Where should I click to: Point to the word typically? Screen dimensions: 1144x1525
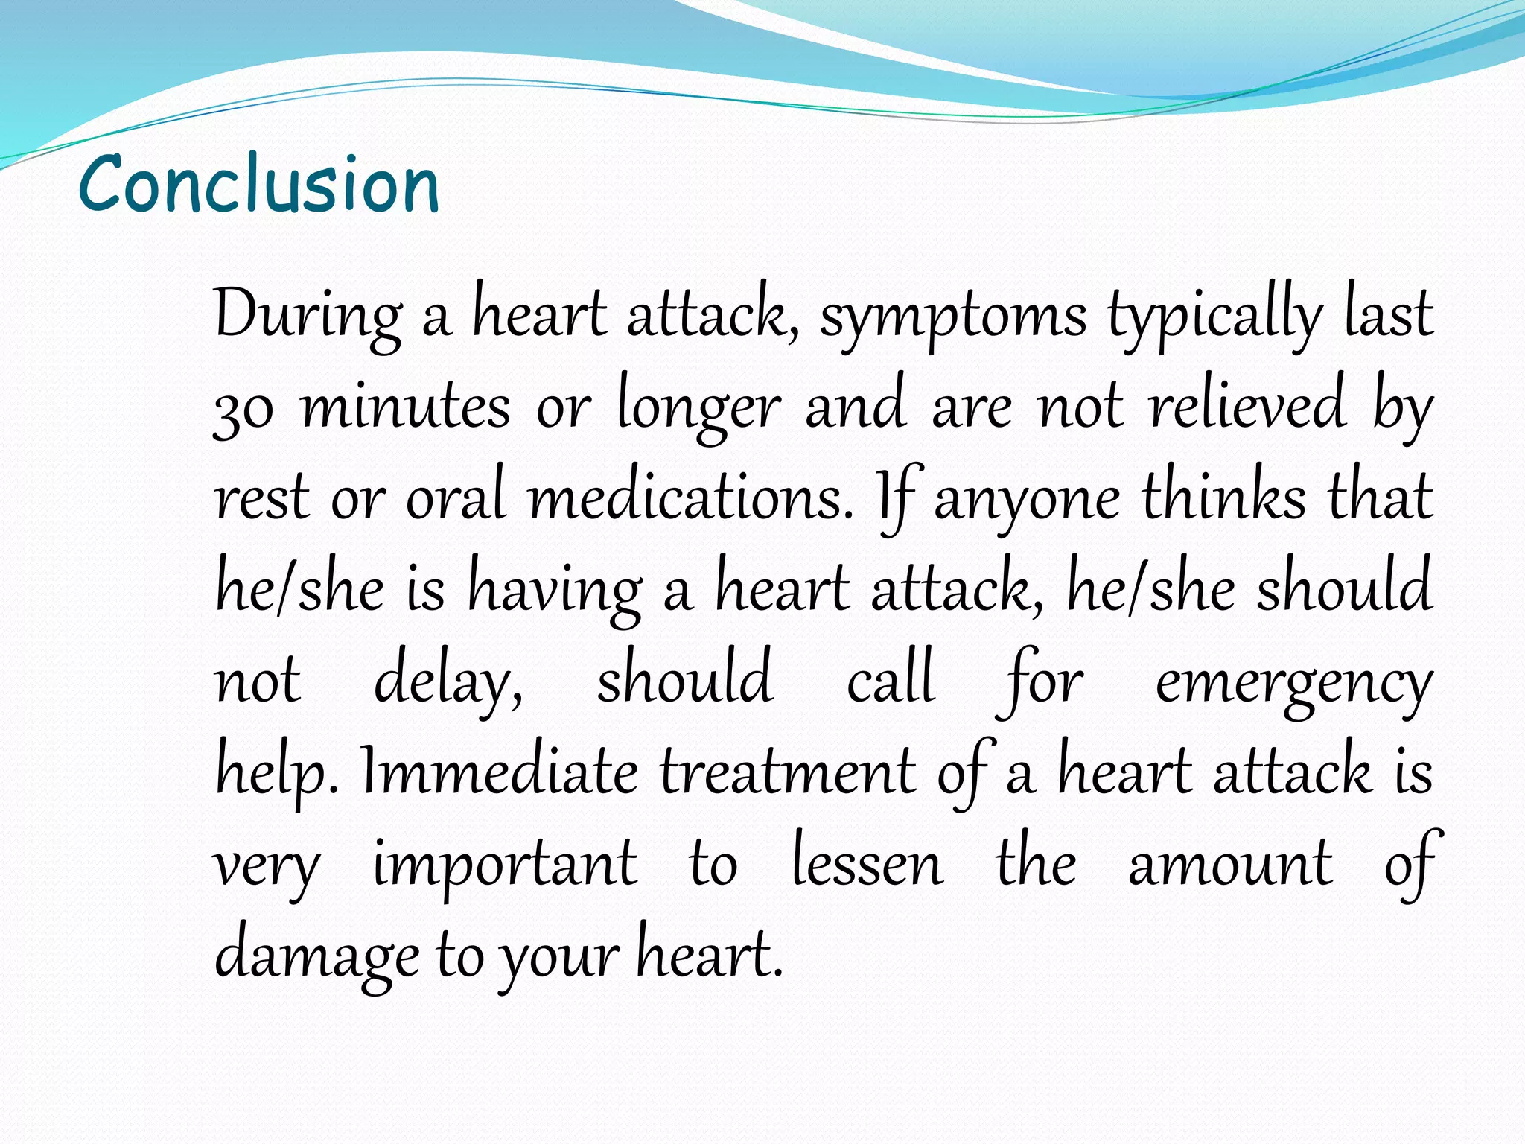click(x=1214, y=316)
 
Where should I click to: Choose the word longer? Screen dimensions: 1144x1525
click(x=699, y=408)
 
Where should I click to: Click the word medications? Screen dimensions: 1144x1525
click(x=690, y=498)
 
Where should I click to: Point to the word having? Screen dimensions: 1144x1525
click(x=555, y=590)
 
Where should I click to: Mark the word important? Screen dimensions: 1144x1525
click(x=505, y=864)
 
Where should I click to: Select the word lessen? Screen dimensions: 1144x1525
click(x=867, y=864)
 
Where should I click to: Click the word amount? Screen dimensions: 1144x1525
click(x=1230, y=864)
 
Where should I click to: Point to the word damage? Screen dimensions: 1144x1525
click(x=316, y=956)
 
